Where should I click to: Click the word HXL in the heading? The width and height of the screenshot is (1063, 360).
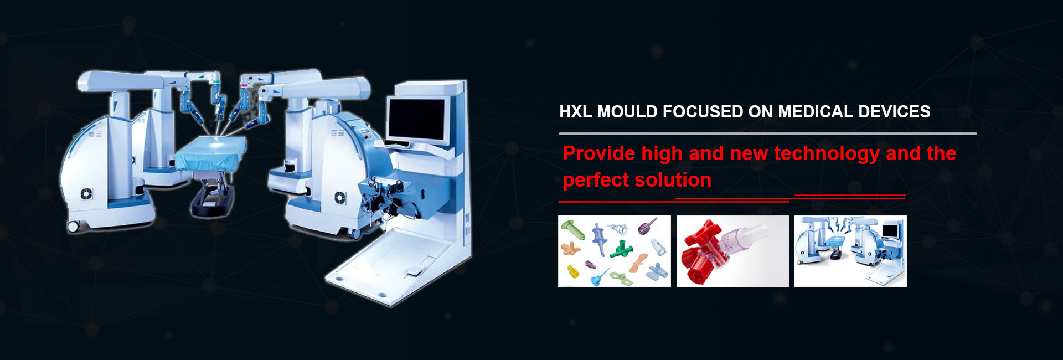[x=575, y=112]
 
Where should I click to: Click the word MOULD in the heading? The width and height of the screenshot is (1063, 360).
[x=627, y=112]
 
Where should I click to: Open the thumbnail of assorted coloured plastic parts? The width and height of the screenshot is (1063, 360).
[x=615, y=251]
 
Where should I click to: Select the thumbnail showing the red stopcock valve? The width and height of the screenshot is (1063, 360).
[x=732, y=251]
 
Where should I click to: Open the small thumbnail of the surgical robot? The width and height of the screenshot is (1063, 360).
[x=850, y=251]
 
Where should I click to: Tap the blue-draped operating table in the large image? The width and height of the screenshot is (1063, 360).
[x=211, y=152]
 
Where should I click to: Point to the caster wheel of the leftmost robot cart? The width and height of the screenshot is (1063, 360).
[x=73, y=226]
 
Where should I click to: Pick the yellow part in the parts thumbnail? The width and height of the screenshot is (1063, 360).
[x=572, y=271]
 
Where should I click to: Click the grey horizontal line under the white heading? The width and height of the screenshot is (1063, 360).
[x=768, y=133]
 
